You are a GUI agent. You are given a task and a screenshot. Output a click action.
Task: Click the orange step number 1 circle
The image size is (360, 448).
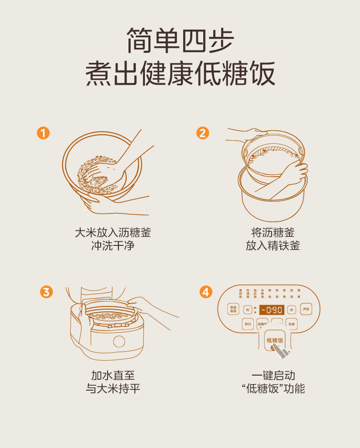[x=43, y=133]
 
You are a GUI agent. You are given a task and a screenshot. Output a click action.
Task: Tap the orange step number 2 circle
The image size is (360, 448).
[x=203, y=133]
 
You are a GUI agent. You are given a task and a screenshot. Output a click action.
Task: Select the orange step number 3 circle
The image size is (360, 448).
[x=46, y=292]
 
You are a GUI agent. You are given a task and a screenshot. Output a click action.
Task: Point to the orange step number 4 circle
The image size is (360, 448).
[x=206, y=292]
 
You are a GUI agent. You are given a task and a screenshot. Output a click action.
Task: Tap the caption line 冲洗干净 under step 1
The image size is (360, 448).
[x=113, y=246]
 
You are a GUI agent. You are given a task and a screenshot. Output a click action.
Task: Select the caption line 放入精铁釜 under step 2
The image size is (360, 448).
[x=273, y=246]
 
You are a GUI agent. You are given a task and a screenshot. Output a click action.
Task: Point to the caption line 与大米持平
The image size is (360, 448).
[x=113, y=388]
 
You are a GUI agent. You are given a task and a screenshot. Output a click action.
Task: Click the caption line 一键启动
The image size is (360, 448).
[x=273, y=375]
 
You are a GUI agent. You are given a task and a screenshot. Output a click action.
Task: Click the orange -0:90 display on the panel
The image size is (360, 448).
[x=272, y=310]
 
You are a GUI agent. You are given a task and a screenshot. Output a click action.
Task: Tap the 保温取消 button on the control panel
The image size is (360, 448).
[x=233, y=309]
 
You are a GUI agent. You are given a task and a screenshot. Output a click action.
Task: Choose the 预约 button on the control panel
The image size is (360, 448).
[x=248, y=324]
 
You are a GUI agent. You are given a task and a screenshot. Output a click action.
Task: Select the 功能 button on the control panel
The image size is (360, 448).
[x=291, y=324]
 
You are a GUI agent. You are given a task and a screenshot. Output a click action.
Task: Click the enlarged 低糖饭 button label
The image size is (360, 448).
[x=275, y=340]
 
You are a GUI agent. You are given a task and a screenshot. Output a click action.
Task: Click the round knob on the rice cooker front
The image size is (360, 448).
[x=118, y=341]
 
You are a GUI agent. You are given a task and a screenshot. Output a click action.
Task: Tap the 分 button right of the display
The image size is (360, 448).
[x=292, y=310]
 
